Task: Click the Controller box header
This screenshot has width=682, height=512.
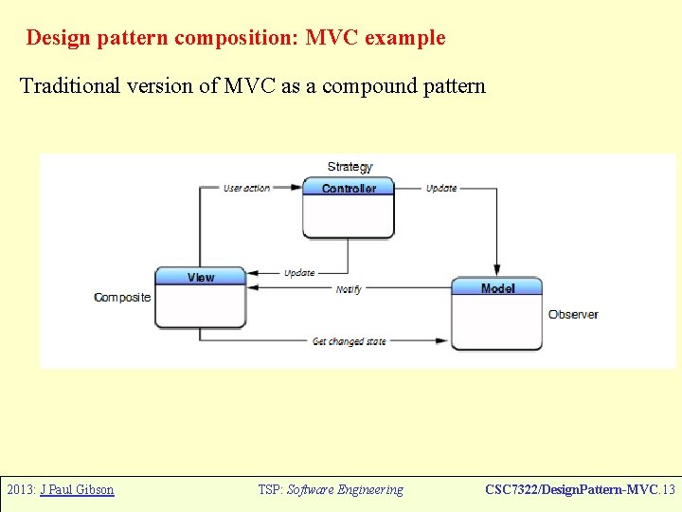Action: tap(349, 189)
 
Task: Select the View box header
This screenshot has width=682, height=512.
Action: tap(201, 277)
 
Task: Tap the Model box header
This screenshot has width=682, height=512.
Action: tap(497, 288)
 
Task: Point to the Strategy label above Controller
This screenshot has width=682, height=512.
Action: tap(350, 168)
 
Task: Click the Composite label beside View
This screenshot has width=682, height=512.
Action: tap(122, 298)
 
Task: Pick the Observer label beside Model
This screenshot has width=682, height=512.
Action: tap(573, 314)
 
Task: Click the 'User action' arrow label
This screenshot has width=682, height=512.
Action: tap(246, 189)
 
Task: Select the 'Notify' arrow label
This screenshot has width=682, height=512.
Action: tap(349, 289)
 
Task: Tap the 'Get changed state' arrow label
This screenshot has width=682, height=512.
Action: tap(350, 341)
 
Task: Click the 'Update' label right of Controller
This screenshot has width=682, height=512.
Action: tap(441, 189)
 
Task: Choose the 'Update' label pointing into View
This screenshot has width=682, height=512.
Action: tap(299, 273)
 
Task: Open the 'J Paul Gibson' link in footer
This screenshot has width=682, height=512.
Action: tap(77, 490)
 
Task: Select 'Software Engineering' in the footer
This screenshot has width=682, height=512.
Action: tap(345, 490)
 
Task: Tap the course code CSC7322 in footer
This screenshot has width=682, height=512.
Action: tap(516, 490)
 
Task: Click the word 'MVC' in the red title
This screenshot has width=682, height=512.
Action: tap(332, 38)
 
